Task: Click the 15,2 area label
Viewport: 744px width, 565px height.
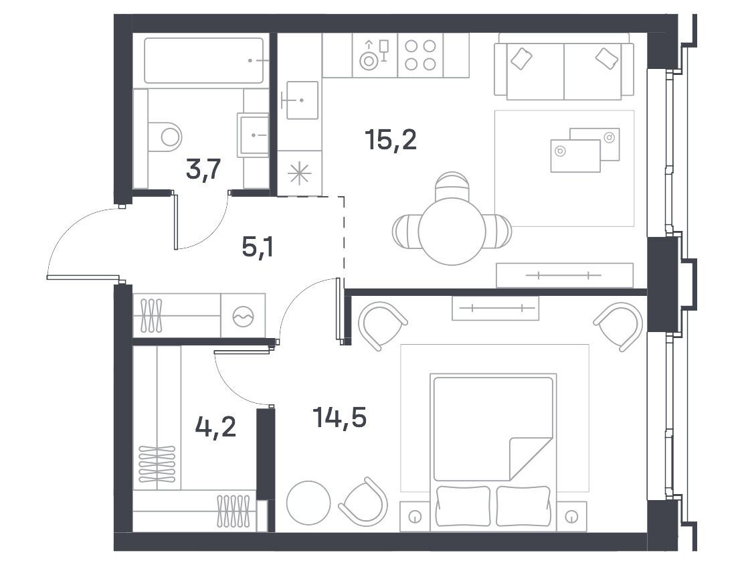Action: pyautogui.click(x=391, y=140)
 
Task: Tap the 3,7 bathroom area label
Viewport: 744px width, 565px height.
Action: pyautogui.click(x=203, y=170)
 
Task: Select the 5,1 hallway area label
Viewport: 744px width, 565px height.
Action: pyautogui.click(x=257, y=247)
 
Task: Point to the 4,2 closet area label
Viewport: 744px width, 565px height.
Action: pyautogui.click(x=215, y=427)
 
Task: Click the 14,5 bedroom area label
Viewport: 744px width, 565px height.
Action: pyautogui.click(x=339, y=417)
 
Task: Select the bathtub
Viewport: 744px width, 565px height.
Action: pyautogui.click(x=203, y=61)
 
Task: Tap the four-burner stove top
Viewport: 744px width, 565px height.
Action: pyautogui.click(x=420, y=55)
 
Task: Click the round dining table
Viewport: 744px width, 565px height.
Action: pyautogui.click(x=452, y=232)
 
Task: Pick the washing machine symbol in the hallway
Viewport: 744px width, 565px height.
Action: pyautogui.click(x=243, y=316)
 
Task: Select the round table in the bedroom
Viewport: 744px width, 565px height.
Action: pyautogui.click(x=308, y=503)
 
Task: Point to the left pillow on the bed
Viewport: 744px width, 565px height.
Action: pyautogui.click(x=463, y=506)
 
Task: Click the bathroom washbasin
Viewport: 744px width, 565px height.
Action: pyautogui.click(x=254, y=135)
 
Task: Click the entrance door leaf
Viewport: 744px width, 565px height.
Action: pyautogui.click(x=82, y=277)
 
